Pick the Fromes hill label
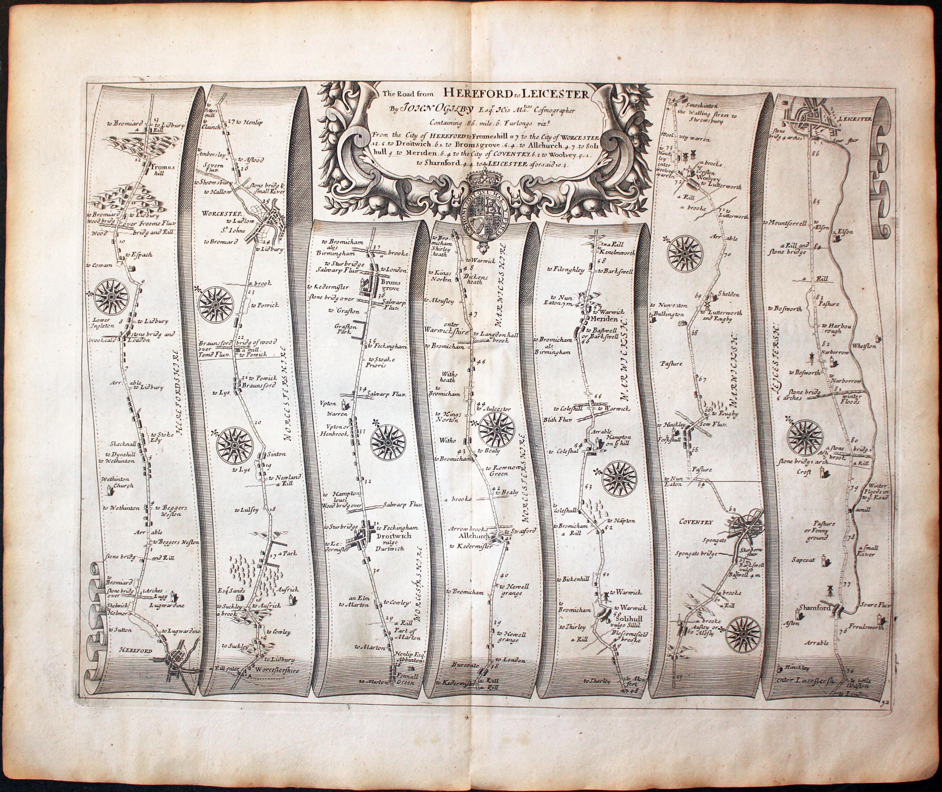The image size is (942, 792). [158, 169]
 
